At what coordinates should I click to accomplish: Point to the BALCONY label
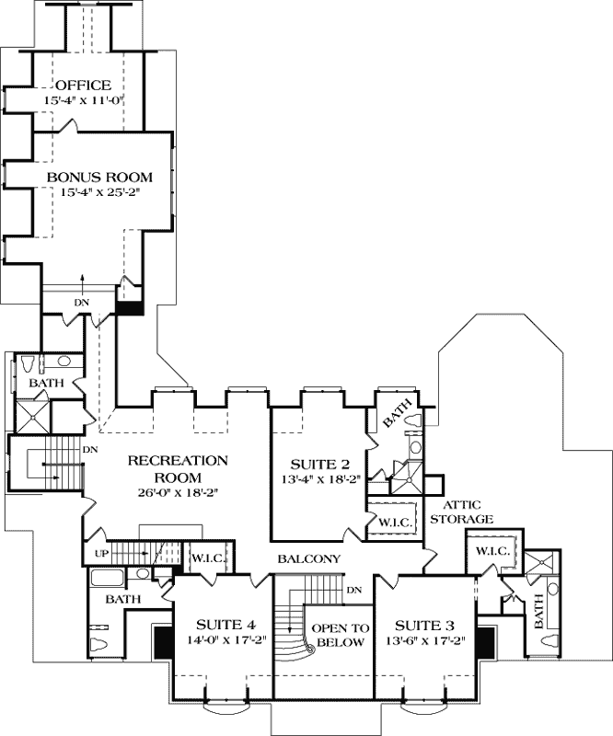(310, 559)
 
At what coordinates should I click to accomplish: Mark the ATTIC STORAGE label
(468, 512)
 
